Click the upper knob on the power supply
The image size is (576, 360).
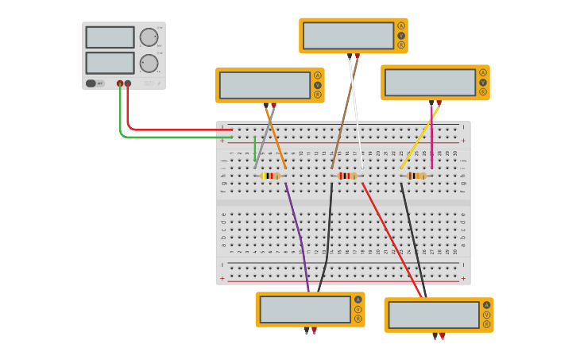tap(149, 37)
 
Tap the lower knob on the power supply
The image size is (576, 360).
tap(149, 64)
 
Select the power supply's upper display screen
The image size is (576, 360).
tap(110, 37)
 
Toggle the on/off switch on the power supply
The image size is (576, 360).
tap(91, 83)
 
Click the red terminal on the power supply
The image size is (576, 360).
tap(128, 83)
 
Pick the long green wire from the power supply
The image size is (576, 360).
tap(159, 137)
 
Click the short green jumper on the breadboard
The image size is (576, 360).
tap(255, 148)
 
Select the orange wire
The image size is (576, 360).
tap(276, 141)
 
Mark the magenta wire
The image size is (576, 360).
tap(431, 136)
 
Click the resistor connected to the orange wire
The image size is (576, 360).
tap(272, 176)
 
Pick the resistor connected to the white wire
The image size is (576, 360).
tap(347, 176)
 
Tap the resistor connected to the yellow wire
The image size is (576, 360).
tap(416, 176)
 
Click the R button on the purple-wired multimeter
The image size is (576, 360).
tap(358, 319)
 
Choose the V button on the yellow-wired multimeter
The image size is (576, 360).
tap(482, 82)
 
